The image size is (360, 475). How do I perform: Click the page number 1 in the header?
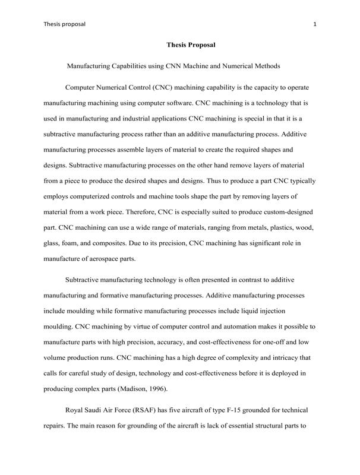click(x=314, y=24)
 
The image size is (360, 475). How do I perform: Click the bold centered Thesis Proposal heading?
click(x=191, y=45)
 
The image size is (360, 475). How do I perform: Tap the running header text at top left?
click(x=65, y=24)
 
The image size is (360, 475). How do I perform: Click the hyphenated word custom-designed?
click(x=284, y=211)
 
